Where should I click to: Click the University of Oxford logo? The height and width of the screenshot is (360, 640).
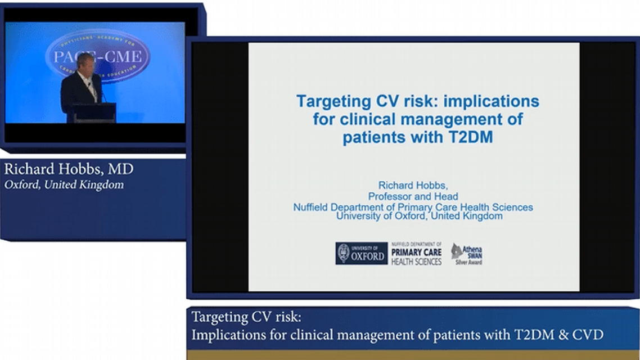coord(361,253)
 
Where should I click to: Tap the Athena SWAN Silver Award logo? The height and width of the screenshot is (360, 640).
coord(466,254)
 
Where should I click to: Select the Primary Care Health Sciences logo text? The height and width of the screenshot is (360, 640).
coord(416,254)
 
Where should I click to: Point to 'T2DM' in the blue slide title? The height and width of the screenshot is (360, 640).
coord(470,138)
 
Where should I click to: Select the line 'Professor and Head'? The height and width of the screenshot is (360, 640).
coord(413,197)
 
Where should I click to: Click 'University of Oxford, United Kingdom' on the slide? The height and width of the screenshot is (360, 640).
coord(418,216)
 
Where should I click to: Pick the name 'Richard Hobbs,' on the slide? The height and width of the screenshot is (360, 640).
coord(413,185)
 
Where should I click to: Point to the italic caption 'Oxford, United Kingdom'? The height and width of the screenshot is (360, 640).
coord(64,184)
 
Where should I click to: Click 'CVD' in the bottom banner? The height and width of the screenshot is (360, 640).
coord(587,335)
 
